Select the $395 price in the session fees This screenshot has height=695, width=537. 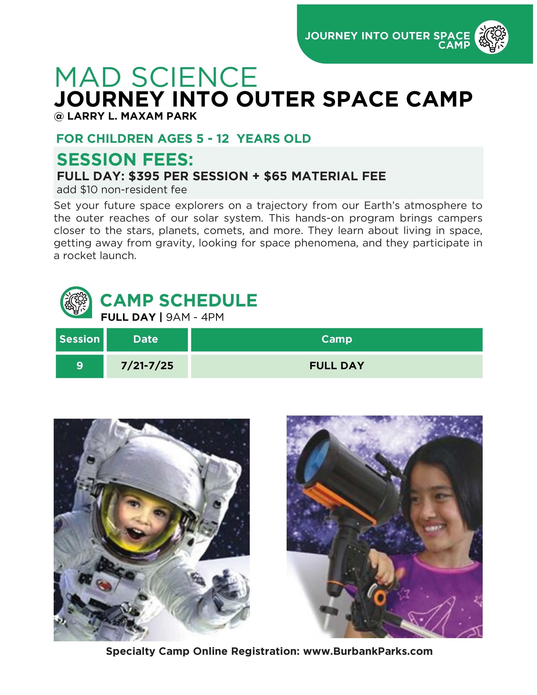pyautogui.click(x=144, y=176)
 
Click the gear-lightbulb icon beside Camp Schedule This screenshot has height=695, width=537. pyautogui.click(x=76, y=302)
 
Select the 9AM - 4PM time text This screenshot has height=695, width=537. pyautogui.click(x=195, y=317)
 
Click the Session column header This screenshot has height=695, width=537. pyautogui.click(x=80, y=339)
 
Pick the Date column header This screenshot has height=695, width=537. pyautogui.click(x=146, y=339)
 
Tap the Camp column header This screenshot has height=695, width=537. pyautogui.click(x=337, y=339)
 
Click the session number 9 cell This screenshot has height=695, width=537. pyautogui.click(x=80, y=366)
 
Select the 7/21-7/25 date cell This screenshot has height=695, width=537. pyautogui.click(x=147, y=366)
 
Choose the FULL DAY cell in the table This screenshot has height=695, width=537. pyautogui.click(x=337, y=366)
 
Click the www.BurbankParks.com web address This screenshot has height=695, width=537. pyautogui.click(x=368, y=651)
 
